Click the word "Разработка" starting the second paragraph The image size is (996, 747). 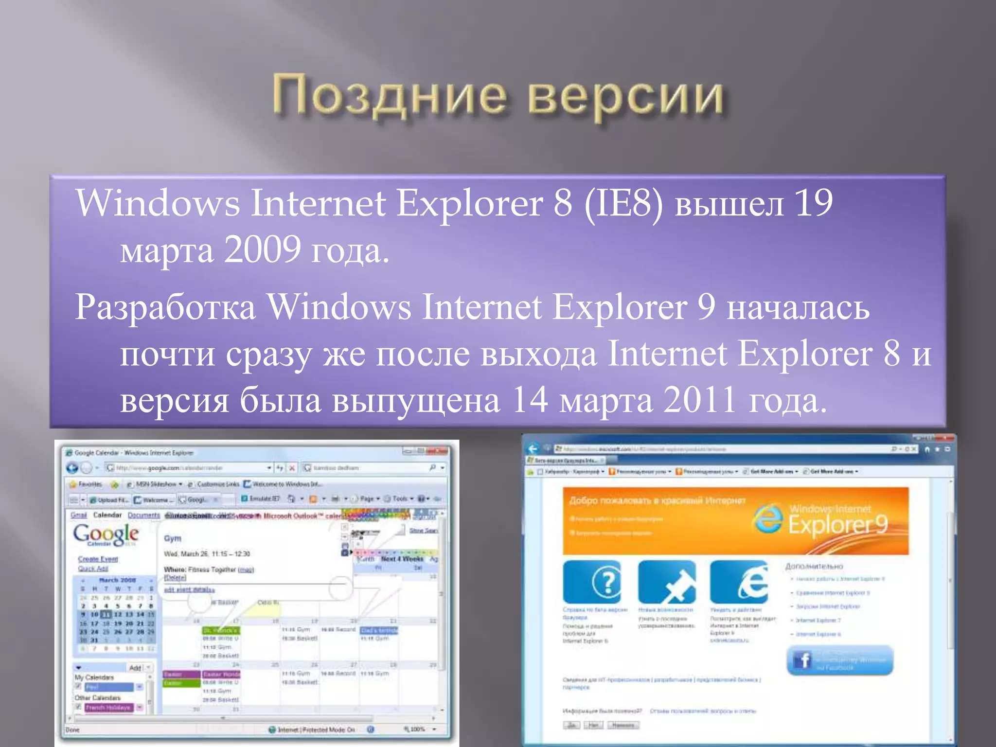point(165,308)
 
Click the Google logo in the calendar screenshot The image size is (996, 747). point(106,534)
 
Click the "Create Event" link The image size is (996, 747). point(98,559)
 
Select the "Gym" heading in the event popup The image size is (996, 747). point(173,538)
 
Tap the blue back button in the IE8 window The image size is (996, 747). point(72,468)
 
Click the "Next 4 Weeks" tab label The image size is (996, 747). point(402,559)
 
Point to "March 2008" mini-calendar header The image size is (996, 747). point(117,580)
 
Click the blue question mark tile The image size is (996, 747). point(592,582)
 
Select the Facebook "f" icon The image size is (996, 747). point(802,660)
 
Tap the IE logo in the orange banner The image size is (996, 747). point(768,519)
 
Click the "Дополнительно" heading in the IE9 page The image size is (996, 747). point(814,567)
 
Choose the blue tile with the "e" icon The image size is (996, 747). point(739,582)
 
